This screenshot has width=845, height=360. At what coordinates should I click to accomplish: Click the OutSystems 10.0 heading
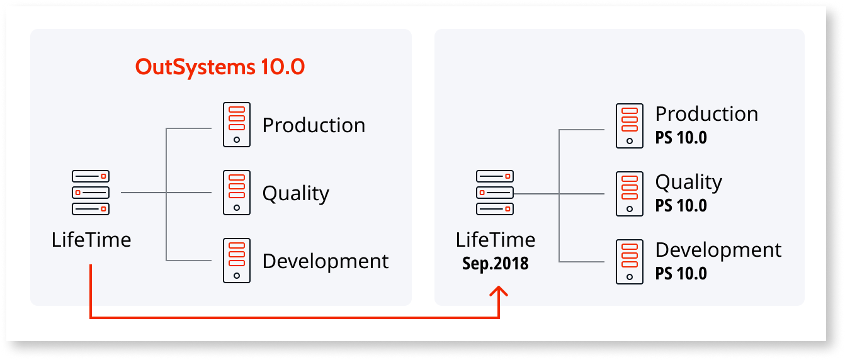(220, 67)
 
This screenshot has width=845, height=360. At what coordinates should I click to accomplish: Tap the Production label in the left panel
(314, 125)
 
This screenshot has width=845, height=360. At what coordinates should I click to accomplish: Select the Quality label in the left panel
(295, 193)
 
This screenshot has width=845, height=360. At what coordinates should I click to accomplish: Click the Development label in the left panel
(326, 261)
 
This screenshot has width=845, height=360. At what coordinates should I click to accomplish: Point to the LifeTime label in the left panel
(91, 240)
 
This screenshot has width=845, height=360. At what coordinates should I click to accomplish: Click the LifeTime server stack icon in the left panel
(91, 192)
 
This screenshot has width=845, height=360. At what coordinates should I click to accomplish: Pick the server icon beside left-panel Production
(237, 125)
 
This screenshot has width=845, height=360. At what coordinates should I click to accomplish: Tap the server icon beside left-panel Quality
(237, 193)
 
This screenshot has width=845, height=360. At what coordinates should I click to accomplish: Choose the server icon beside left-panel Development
(237, 261)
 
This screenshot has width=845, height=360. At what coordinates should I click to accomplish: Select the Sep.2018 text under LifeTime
(496, 263)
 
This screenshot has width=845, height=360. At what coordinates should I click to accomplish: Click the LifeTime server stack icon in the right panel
(495, 193)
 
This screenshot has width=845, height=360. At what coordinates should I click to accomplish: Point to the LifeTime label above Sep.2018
(496, 240)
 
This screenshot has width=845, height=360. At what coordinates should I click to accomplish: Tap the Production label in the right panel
(706, 114)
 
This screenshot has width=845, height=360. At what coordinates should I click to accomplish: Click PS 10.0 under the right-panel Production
(681, 137)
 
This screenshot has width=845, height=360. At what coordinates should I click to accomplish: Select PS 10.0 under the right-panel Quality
(681, 205)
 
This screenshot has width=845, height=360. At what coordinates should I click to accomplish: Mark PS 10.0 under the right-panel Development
(681, 273)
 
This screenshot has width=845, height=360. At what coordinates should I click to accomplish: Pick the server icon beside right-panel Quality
(630, 194)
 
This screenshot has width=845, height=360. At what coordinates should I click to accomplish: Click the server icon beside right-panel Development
(630, 262)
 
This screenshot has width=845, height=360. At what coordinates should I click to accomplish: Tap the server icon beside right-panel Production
(630, 126)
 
